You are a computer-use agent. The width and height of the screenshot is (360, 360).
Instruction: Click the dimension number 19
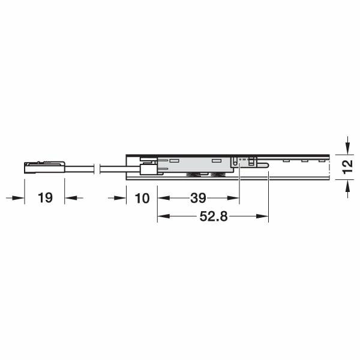pos(44,198)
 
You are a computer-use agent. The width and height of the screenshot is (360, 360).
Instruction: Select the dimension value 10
pos(142,198)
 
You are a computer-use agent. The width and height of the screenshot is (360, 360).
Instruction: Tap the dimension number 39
pos(199,198)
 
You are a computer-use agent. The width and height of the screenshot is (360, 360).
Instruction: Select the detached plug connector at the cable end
pos(44,167)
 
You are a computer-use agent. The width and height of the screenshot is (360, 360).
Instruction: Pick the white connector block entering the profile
pos(147,168)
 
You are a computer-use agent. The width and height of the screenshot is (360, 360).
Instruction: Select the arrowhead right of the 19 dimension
pos(71,198)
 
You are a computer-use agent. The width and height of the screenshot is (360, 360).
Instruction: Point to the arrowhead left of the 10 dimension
pos(120,198)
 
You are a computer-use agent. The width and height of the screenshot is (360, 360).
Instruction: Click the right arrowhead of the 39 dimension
pos(235,198)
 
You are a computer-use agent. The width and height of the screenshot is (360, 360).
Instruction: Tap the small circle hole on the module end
pos(239,161)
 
